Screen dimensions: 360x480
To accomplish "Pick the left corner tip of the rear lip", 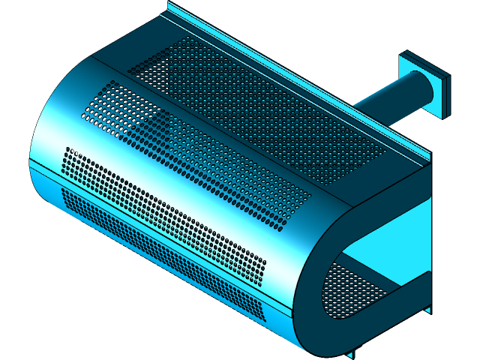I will tap(169, 6).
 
